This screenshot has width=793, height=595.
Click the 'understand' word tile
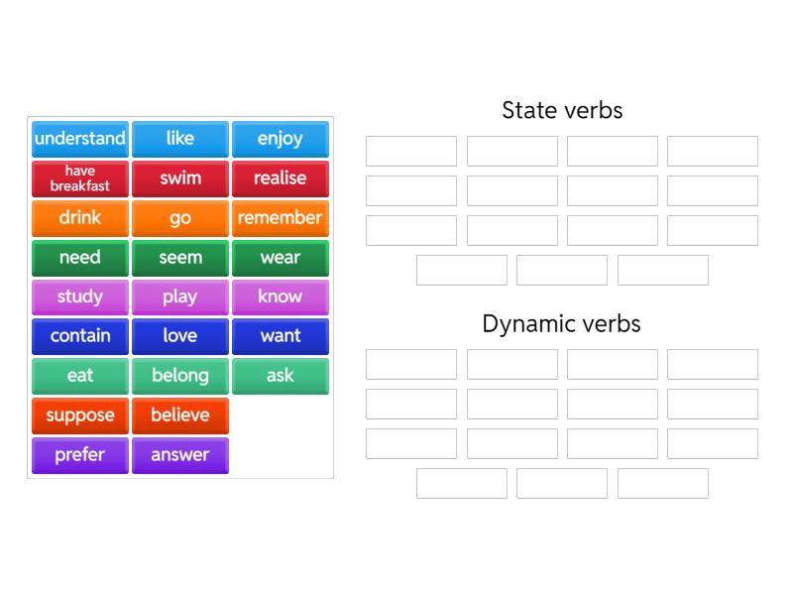pos(80,139)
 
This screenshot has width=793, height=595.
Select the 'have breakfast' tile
pos(80,178)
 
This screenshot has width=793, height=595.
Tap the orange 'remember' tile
pos(281,218)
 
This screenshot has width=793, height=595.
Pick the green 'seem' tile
pos(180,258)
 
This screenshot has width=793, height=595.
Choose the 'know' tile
pos(281,297)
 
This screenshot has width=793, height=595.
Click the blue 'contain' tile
pos(80,336)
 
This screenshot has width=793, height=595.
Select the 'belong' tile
pos(180,376)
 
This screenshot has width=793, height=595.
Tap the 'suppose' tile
pos(80,416)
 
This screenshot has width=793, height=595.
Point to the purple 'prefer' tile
pos(80,455)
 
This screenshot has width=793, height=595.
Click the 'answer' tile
pos(180,455)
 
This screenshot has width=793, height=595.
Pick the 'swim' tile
pos(180,178)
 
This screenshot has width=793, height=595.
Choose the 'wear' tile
pos(281,258)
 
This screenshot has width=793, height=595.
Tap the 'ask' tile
pos(281,376)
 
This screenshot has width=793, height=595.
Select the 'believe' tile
pos(180,416)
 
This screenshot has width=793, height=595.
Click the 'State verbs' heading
pos(562,110)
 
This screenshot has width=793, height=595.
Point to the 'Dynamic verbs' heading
pos(562,323)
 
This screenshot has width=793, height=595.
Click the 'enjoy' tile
pos(281,139)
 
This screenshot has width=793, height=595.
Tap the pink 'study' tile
pos(80,297)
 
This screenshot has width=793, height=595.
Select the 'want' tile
pos(281,336)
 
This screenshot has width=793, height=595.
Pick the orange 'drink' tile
pos(80,218)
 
